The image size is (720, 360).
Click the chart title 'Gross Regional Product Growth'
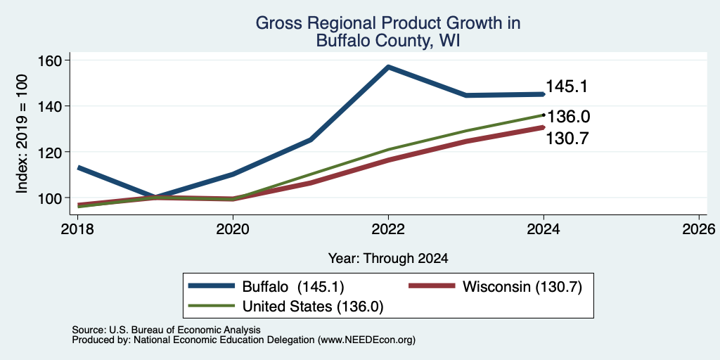point(388,23)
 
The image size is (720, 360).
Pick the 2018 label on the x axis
point(78,229)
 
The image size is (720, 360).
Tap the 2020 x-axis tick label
point(233,229)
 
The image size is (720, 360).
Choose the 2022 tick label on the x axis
point(388,229)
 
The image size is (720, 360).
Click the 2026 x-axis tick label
point(699,229)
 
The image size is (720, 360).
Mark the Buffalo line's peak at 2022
point(388,67)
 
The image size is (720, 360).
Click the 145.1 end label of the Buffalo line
point(567,86)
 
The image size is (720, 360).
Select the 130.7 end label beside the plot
point(567,139)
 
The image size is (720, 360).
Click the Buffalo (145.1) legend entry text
point(293,287)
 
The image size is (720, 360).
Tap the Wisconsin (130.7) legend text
point(522,287)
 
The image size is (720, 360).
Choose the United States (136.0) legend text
point(313,307)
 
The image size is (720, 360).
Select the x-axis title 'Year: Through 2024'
point(388,259)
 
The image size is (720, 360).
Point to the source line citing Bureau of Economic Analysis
point(166,330)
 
